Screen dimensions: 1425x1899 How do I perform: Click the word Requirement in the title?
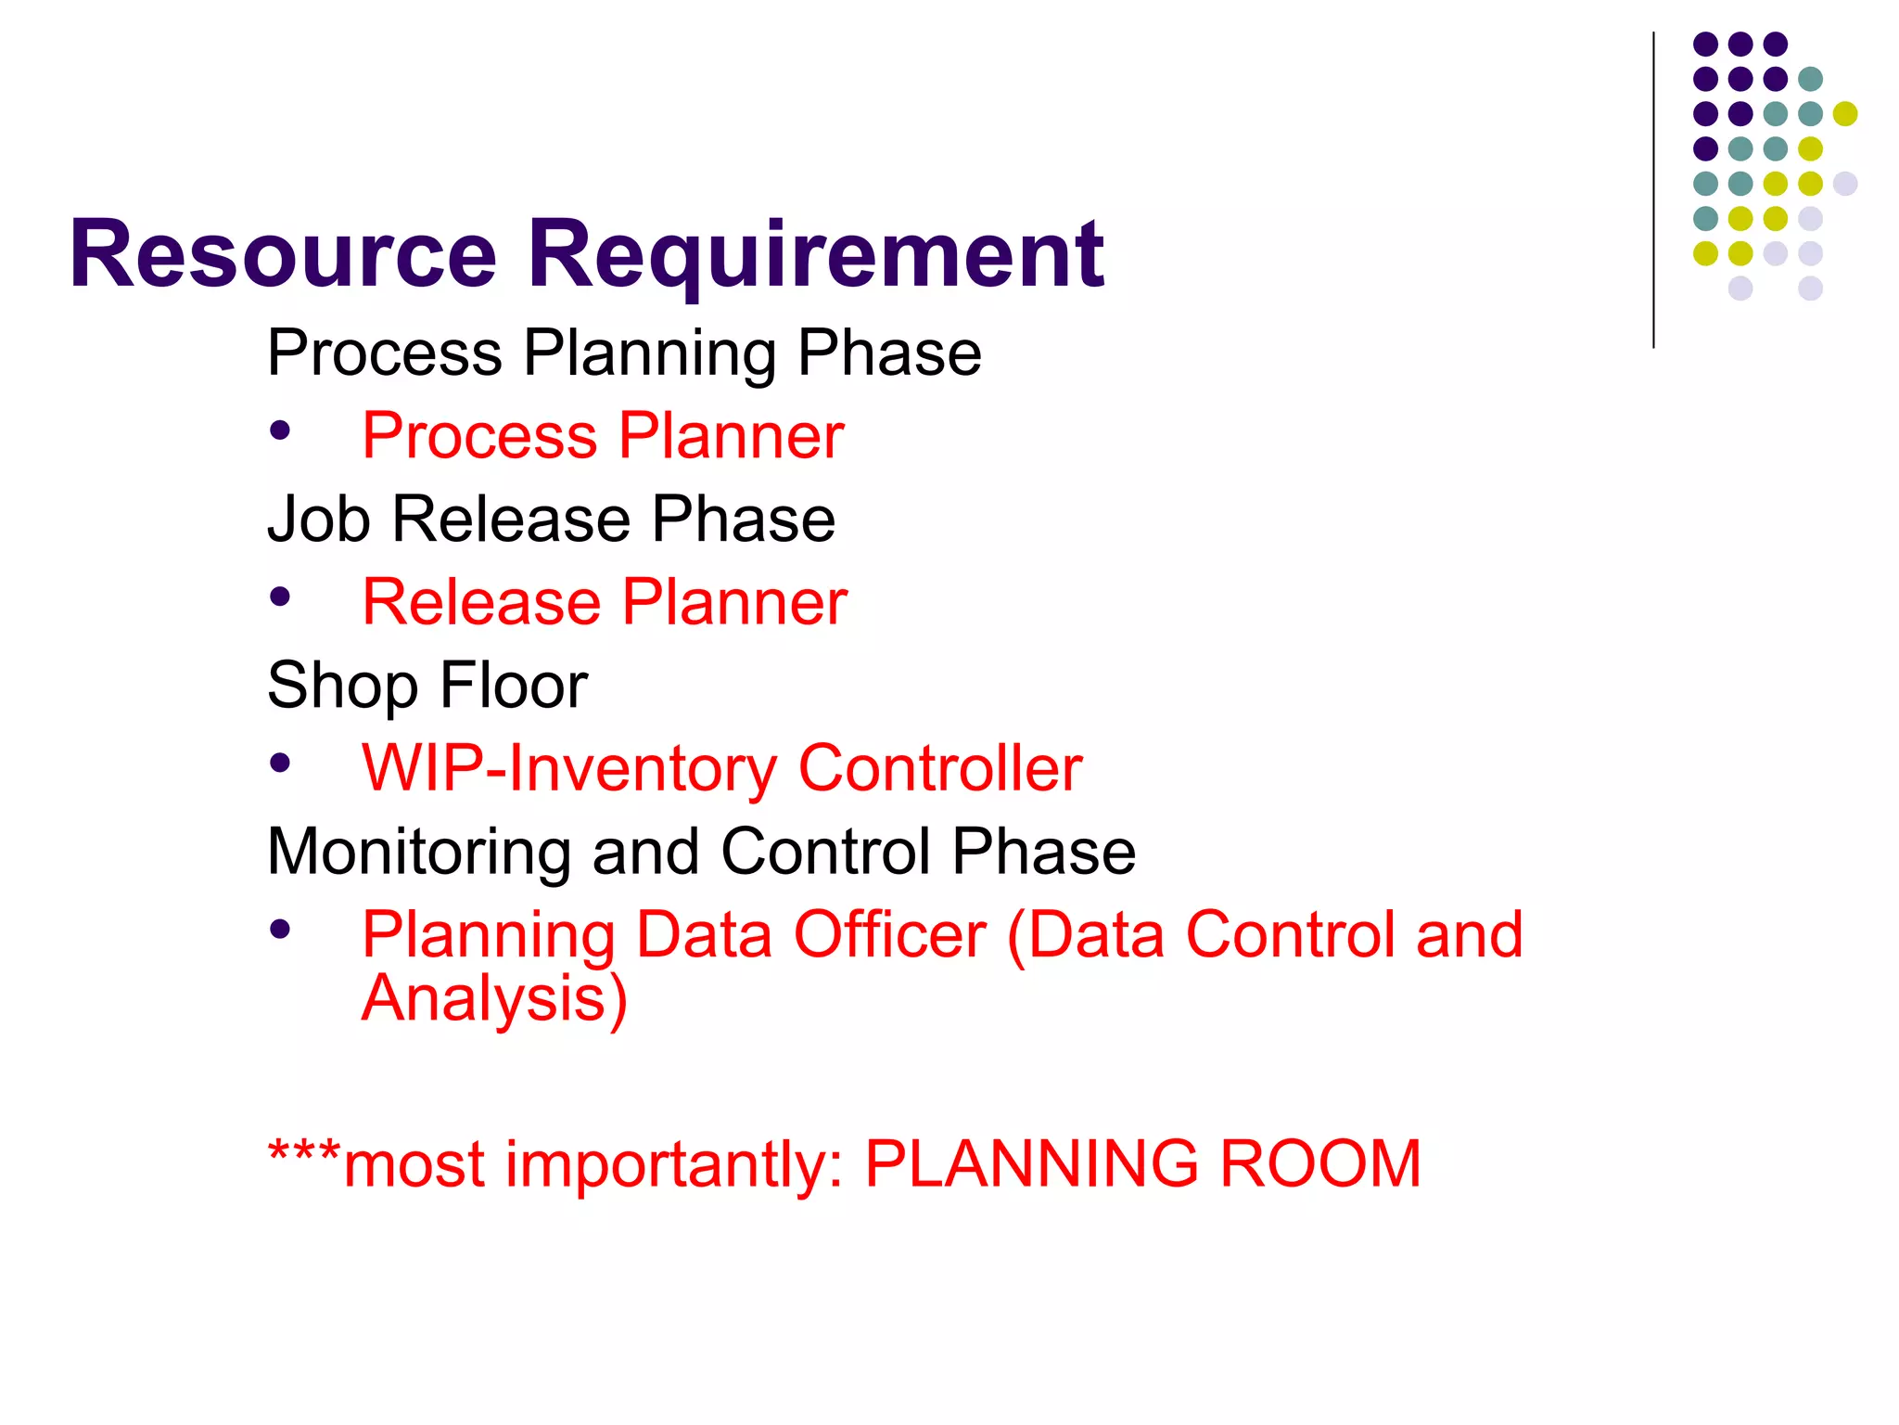pos(815,255)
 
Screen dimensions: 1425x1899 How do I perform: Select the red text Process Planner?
pos(603,435)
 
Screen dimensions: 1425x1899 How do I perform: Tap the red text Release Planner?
pos(605,602)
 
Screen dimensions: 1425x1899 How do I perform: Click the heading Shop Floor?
pos(427,686)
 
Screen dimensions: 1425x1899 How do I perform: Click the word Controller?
pos(940,768)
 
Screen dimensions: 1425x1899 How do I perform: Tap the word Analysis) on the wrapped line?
pos(495,999)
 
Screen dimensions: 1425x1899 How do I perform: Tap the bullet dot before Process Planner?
pos(280,430)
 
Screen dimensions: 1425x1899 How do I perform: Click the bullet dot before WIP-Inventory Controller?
pos(280,763)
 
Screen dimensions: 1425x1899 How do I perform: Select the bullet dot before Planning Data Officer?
pos(280,929)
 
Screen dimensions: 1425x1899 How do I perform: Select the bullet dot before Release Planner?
pos(280,597)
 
